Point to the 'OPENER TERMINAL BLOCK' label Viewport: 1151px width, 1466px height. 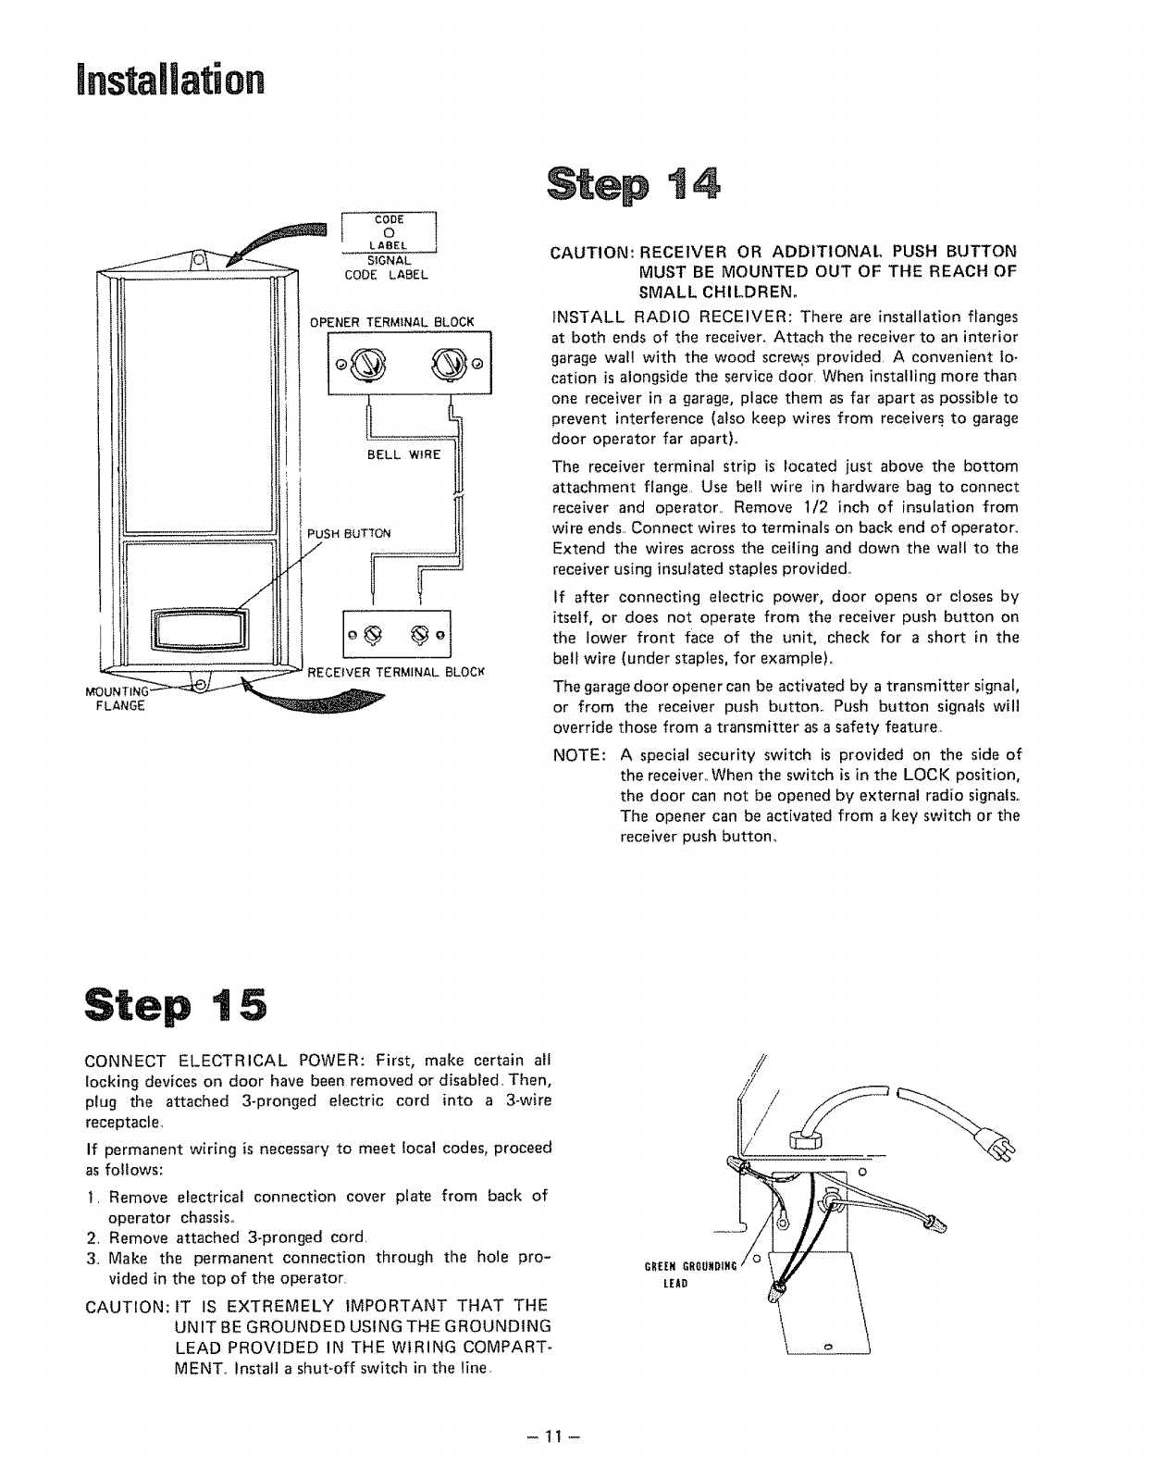[391, 322]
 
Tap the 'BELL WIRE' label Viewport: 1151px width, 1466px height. [404, 454]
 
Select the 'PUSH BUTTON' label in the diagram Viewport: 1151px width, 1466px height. [350, 533]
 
